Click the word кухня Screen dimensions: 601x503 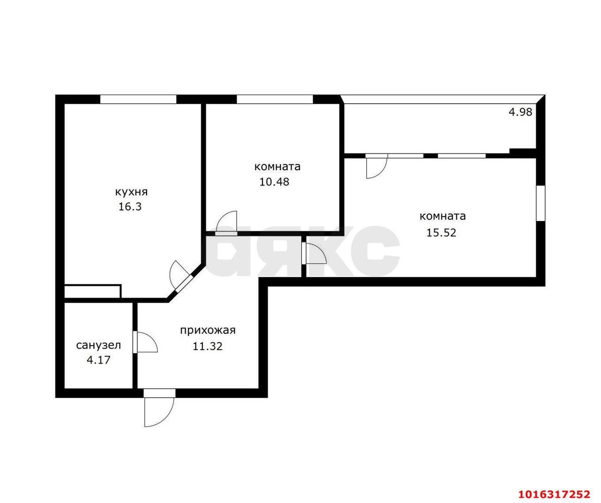pyautogui.click(x=131, y=192)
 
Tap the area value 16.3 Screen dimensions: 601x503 pyautogui.click(x=130, y=207)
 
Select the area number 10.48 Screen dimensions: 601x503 pyautogui.click(x=274, y=182)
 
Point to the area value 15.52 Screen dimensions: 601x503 pyautogui.click(x=441, y=232)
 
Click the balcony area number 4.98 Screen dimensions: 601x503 pyautogui.click(x=520, y=112)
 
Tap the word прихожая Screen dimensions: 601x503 pyautogui.click(x=208, y=331)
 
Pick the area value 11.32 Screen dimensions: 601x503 pyautogui.click(x=208, y=346)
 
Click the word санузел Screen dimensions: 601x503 pyautogui.click(x=99, y=345)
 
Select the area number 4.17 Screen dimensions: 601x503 pyautogui.click(x=99, y=360)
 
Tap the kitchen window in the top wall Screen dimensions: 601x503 pyautogui.click(x=138, y=99)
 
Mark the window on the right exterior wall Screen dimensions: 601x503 pyautogui.click(x=540, y=203)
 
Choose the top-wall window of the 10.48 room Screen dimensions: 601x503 pyautogui.click(x=275, y=99)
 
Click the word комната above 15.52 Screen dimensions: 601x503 pyautogui.click(x=443, y=216)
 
